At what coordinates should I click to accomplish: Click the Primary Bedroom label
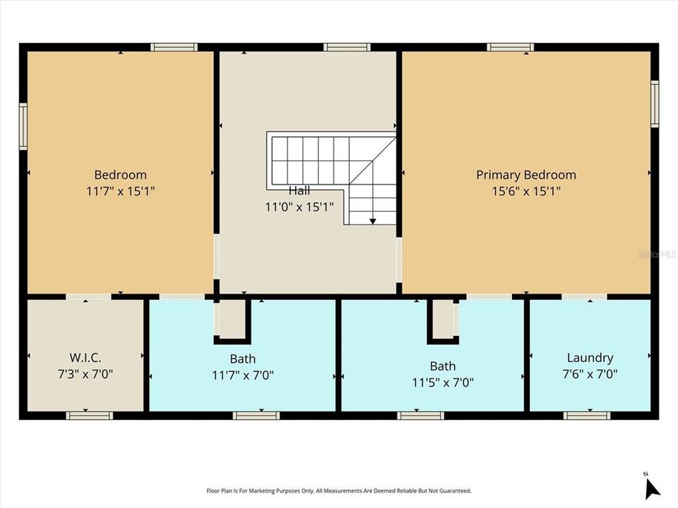click(x=525, y=175)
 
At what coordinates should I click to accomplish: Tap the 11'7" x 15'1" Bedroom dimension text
click(x=121, y=190)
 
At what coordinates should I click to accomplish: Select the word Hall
click(x=299, y=190)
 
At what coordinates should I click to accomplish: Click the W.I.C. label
click(x=86, y=358)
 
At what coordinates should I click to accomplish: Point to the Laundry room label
click(x=590, y=358)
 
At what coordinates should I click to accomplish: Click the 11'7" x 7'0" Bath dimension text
click(x=243, y=375)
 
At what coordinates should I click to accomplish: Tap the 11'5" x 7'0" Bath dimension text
click(x=443, y=382)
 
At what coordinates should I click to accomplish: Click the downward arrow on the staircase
click(x=372, y=219)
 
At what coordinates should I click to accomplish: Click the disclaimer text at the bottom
click(x=338, y=490)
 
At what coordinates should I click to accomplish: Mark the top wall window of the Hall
click(x=347, y=47)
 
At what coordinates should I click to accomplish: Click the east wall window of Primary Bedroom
click(x=655, y=104)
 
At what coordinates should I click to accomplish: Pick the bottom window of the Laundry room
click(x=586, y=416)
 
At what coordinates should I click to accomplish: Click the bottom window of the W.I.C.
click(x=89, y=416)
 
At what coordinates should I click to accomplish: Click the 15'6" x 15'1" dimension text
click(x=525, y=190)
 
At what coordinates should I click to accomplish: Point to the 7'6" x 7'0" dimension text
click(x=590, y=375)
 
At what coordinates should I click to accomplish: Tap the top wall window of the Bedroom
click(x=174, y=47)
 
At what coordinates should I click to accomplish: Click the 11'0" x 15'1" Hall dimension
click(x=299, y=207)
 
